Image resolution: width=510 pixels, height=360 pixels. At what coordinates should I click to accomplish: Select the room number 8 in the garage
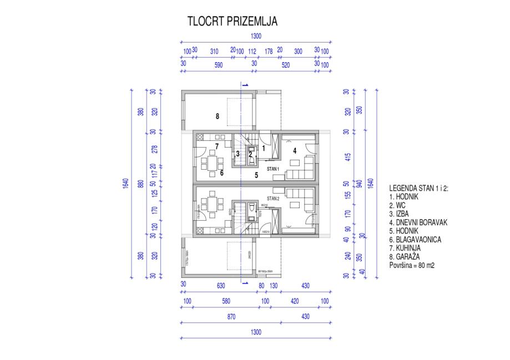pyautogui.click(x=218, y=116)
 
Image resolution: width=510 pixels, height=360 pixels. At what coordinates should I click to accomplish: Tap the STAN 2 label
pyautogui.click(x=272, y=197)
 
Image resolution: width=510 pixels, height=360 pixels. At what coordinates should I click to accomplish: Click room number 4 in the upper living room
pyautogui.click(x=295, y=150)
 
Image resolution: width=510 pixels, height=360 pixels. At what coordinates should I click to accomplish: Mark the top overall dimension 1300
pyautogui.click(x=256, y=37)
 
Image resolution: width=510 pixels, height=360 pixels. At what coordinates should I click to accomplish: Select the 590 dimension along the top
pyautogui.click(x=219, y=64)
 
